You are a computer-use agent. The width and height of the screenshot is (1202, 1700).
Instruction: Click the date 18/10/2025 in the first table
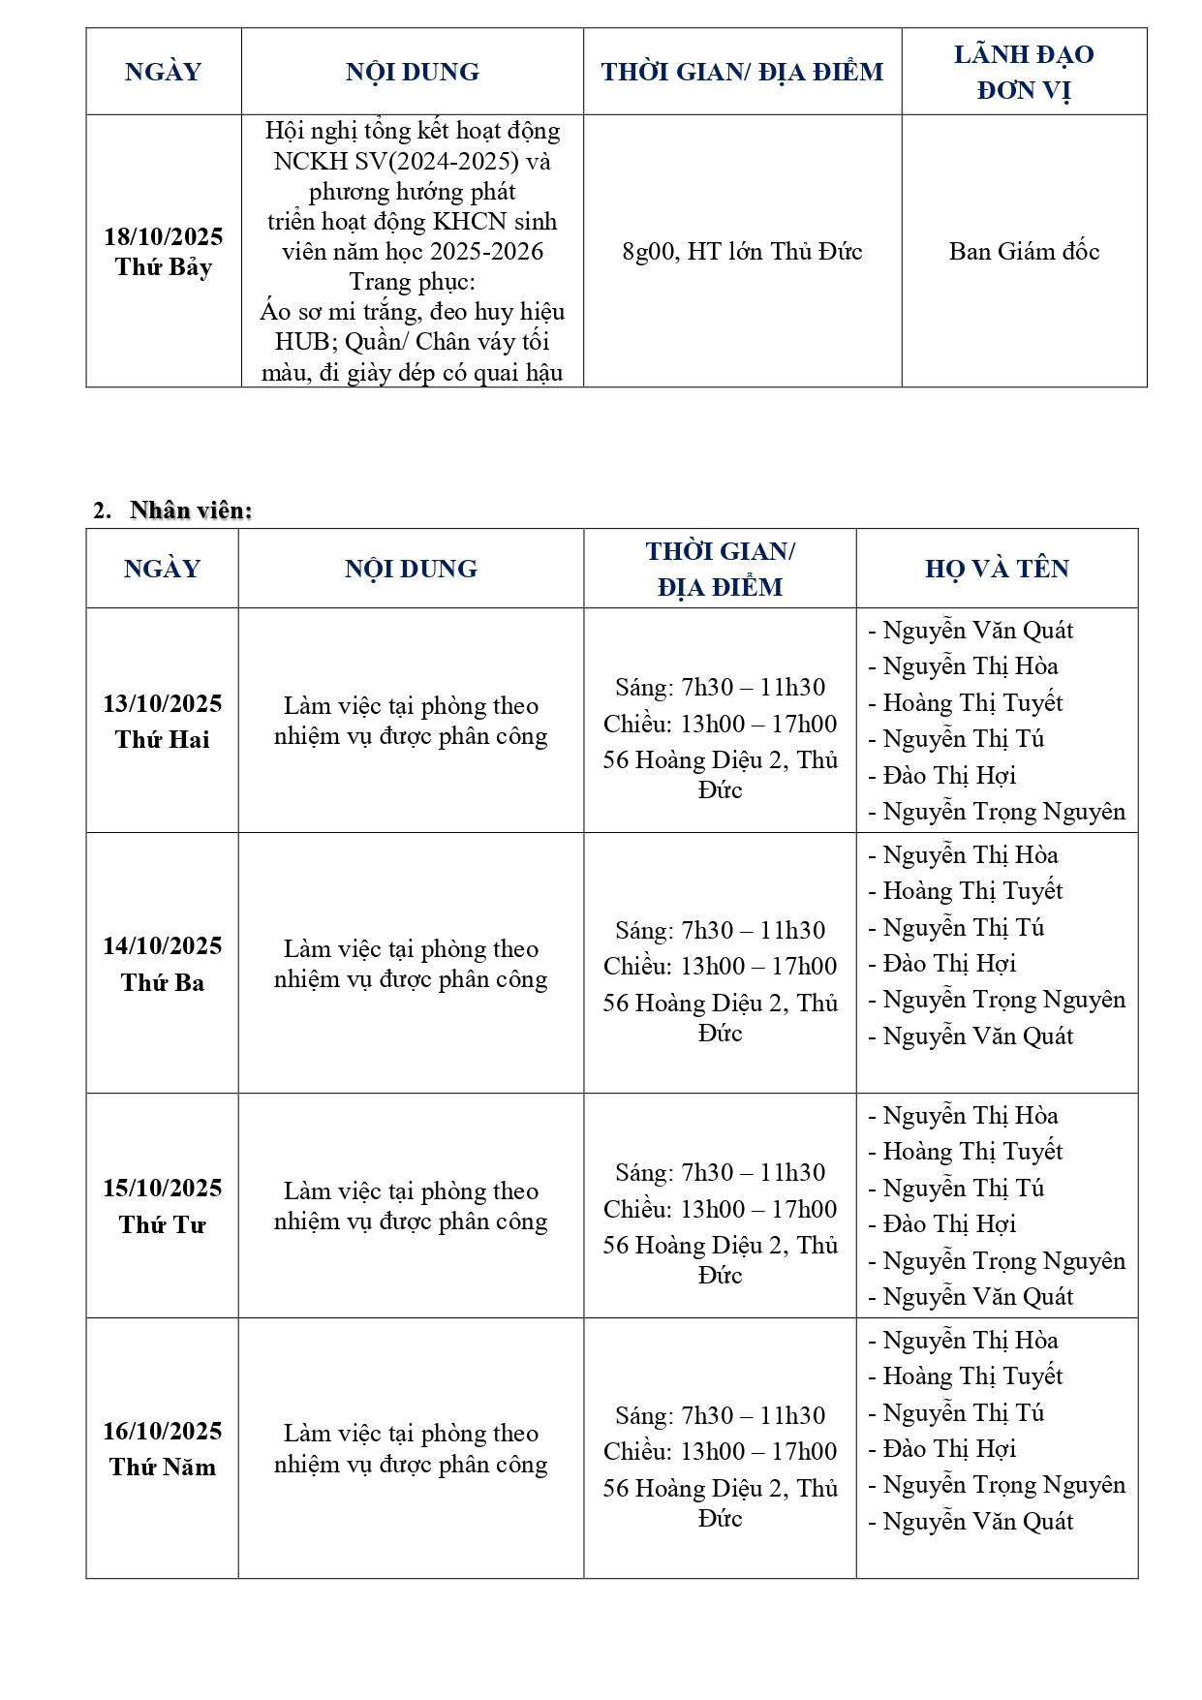164,236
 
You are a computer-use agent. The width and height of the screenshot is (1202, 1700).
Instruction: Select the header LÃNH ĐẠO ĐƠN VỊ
1024,72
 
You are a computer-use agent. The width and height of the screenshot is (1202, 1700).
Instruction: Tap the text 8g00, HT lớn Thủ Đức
742,252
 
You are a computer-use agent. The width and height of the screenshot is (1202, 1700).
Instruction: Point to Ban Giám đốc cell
1024,252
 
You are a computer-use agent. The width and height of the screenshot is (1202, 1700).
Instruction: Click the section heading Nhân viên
191,510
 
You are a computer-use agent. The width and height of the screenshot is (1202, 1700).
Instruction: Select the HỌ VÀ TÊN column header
997,569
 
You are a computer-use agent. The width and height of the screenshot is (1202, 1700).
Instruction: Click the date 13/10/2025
163,703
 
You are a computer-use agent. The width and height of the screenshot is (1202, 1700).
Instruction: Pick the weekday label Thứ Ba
163,982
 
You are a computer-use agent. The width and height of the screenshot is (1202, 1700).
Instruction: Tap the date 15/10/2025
163,1188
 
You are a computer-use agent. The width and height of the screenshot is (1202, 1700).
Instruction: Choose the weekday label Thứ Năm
163,1467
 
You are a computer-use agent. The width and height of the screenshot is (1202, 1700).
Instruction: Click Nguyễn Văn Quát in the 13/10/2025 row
977,631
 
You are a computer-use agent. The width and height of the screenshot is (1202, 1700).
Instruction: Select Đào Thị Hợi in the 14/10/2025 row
949,964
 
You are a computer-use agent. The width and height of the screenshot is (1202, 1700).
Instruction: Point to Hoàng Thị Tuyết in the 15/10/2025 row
972,1152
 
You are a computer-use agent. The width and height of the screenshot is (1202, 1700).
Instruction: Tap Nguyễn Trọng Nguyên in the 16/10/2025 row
1003,1485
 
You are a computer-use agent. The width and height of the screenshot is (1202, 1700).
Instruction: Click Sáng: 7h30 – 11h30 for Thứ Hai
720,688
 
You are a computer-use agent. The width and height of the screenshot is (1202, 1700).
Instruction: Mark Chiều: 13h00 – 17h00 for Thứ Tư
720,1209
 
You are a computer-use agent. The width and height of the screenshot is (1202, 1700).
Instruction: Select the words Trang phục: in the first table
413,282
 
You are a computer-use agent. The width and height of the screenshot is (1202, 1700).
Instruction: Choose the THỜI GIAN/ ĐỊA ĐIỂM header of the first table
742,72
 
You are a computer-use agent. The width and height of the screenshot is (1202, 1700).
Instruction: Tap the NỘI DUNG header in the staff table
411,569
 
